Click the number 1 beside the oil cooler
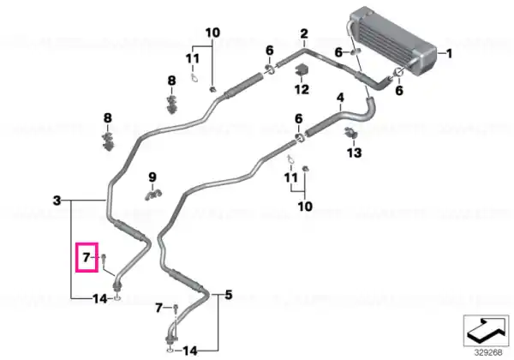(x=449, y=53)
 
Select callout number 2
(x=304, y=33)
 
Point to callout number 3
(x=57, y=201)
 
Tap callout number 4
(x=341, y=98)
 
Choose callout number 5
(x=229, y=294)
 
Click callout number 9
(x=152, y=177)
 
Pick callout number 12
(x=302, y=89)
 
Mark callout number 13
(x=355, y=153)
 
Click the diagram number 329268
(x=488, y=352)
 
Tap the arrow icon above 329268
(x=486, y=330)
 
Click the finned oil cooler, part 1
(x=392, y=42)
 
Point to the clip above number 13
(x=351, y=133)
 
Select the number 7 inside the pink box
(x=87, y=257)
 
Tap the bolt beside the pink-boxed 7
(x=104, y=259)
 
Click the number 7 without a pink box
(x=159, y=308)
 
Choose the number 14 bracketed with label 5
(x=190, y=351)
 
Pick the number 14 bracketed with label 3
(x=99, y=298)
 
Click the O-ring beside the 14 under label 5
(x=170, y=351)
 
